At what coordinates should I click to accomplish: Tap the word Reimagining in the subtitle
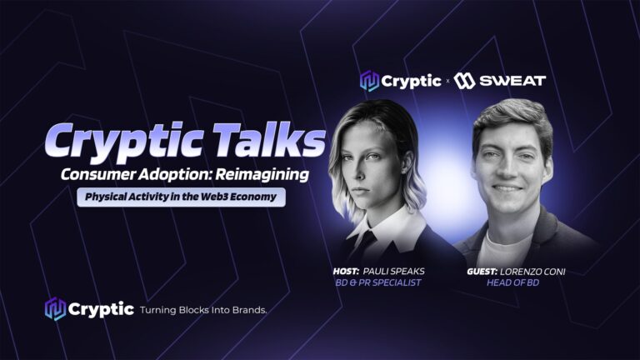click(262, 175)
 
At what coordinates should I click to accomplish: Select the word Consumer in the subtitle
click(98, 174)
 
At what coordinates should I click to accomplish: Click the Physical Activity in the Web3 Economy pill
click(181, 197)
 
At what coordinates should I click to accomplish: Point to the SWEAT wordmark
click(512, 81)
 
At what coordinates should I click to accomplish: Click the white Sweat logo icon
click(464, 81)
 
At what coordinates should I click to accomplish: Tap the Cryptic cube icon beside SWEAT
click(369, 81)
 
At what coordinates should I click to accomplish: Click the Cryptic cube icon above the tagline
click(55, 309)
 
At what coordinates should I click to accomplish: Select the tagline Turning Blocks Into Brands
click(203, 310)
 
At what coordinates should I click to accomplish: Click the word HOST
click(346, 272)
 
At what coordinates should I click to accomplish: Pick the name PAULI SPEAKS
click(394, 272)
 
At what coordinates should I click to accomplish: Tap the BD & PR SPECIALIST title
click(378, 282)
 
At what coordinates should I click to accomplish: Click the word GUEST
click(482, 272)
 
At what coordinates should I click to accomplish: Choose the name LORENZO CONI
click(532, 272)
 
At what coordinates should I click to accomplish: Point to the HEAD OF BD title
click(513, 282)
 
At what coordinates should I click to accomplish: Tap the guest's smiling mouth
click(507, 188)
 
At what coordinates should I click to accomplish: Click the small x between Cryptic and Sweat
click(447, 81)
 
